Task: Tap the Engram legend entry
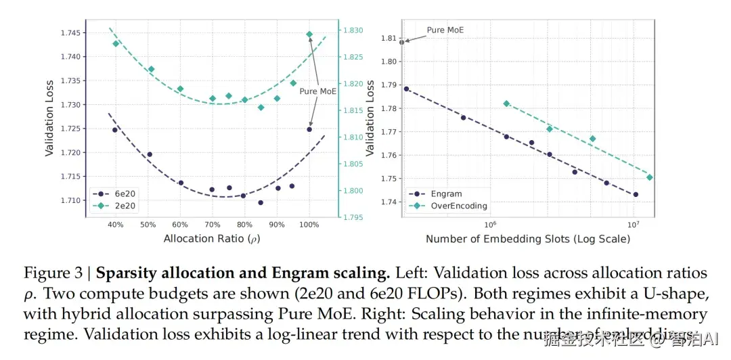[443, 194]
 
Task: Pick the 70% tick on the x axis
[212, 225]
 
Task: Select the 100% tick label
[309, 225]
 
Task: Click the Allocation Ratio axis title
[212, 239]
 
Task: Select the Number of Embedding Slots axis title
[527, 239]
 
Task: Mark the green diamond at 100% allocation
[309, 34]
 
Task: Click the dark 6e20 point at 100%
[309, 129]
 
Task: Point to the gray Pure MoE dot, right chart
[401, 42]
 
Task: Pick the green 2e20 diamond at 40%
[116, 43]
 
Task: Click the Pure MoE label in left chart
[317, 91]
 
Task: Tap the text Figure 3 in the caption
[56, 273]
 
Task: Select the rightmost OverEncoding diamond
[649, 177]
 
